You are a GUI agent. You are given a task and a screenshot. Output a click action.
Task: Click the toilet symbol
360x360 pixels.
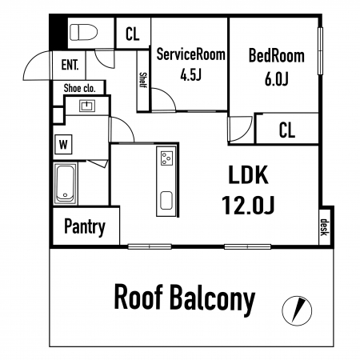83,32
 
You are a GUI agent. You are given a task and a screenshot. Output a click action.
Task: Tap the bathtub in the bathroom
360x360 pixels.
65,184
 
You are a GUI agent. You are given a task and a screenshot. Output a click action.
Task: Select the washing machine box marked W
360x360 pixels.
63,145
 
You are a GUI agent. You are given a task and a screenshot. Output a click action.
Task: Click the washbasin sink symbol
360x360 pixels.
87,106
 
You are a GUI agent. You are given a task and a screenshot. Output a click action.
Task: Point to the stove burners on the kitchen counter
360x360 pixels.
166,158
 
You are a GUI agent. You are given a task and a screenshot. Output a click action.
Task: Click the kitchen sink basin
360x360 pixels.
166,200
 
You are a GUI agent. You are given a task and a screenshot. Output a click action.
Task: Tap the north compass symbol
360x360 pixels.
297,310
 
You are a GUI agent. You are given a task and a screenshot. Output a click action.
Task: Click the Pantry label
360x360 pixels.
85,227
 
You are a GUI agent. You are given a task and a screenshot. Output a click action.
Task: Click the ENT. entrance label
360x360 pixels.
70,65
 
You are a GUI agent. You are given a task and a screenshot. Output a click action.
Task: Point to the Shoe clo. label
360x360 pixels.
79,88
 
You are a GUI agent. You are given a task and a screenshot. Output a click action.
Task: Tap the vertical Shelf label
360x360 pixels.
143,80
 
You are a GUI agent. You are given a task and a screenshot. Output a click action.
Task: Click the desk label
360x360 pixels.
324,227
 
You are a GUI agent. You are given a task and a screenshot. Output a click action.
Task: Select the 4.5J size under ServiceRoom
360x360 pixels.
190,75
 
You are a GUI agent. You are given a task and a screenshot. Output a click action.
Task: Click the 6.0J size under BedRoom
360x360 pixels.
277,79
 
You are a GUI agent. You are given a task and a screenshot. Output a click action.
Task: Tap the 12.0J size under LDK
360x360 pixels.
248,205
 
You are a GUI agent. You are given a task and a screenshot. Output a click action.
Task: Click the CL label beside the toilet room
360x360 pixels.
133,34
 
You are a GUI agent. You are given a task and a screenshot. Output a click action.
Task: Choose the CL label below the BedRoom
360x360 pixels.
287,130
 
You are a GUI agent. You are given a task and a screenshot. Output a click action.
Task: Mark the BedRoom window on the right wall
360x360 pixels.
320,50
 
